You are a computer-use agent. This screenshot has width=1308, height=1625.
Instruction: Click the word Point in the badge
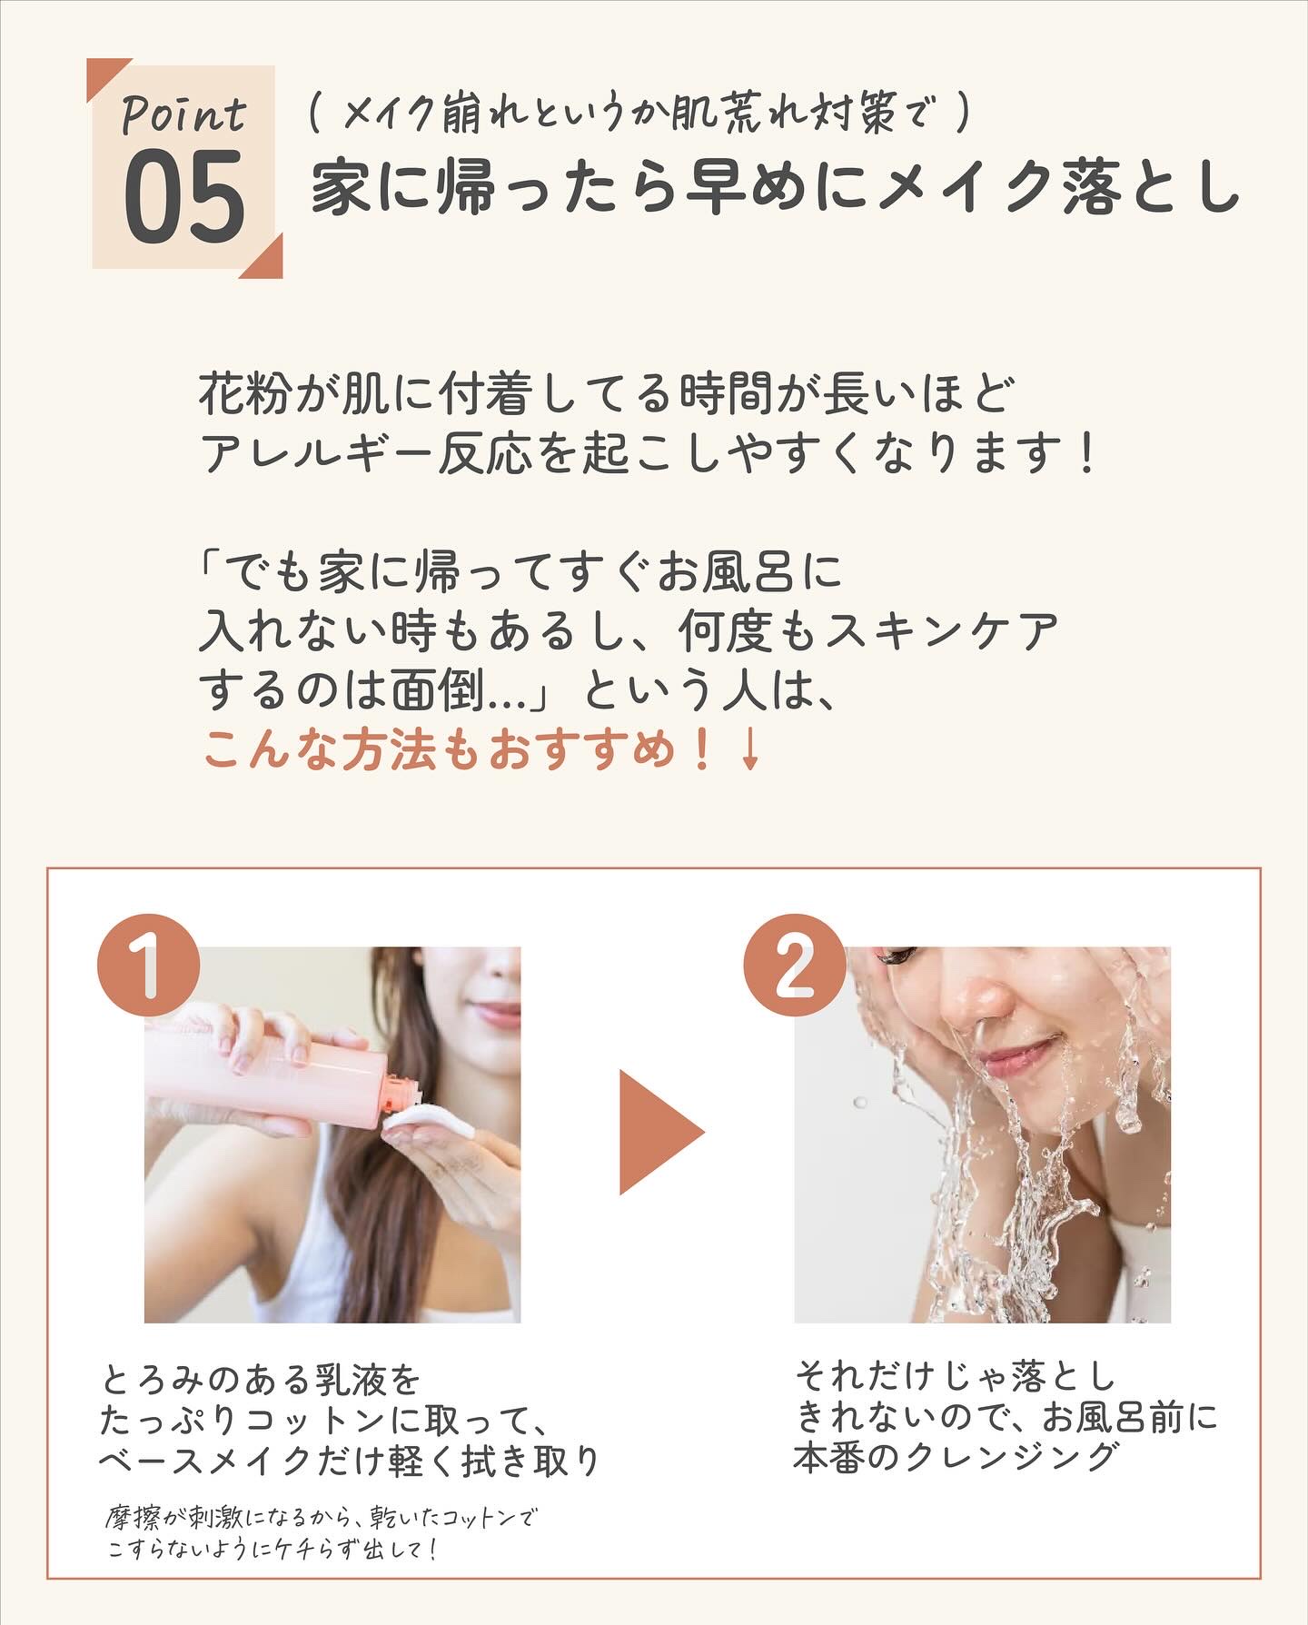[184, 115]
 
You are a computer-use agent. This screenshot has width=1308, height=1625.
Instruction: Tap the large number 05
[184, 198]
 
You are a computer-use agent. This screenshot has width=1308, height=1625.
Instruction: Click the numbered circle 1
[148, 965]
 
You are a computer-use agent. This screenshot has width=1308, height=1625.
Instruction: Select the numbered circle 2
[795, 965]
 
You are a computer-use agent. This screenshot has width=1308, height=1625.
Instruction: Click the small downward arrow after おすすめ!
[748, 751]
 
